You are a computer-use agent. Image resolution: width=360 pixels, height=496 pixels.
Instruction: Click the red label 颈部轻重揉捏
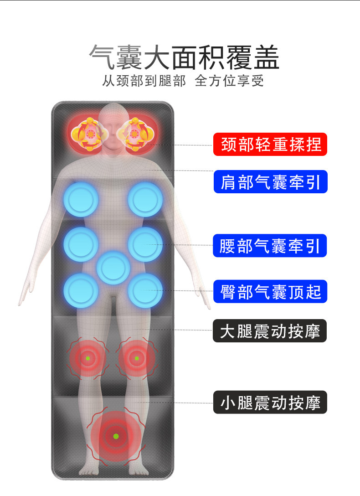pos(271,145)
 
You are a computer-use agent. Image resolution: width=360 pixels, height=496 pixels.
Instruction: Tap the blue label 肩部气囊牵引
pos(271,182)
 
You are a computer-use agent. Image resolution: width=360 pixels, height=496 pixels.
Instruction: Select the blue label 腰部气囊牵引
pos(271,246)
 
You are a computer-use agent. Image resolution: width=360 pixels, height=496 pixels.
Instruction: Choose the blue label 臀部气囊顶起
pos(271,291)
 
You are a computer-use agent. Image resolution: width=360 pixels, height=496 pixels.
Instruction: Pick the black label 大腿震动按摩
pos(270,331)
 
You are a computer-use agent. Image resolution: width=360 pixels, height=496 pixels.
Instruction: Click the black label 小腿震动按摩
pos(270,402)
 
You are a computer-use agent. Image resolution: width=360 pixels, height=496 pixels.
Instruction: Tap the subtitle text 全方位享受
pos(229,81)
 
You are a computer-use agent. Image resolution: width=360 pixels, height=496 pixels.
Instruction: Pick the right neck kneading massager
pos(135,134)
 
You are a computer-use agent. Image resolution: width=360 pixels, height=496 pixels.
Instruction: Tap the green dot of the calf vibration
pos(116,436)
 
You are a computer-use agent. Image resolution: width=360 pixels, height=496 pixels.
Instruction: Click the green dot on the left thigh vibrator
pos(87,358)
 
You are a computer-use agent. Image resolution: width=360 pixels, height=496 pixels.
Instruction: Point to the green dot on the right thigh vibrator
pos(136,358)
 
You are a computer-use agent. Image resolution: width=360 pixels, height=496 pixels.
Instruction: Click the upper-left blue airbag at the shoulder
pos(81,199)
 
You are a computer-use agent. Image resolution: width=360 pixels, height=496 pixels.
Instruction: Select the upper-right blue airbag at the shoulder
pos(145,199)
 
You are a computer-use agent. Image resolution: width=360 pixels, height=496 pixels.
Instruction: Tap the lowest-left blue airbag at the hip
pos(81,290)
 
